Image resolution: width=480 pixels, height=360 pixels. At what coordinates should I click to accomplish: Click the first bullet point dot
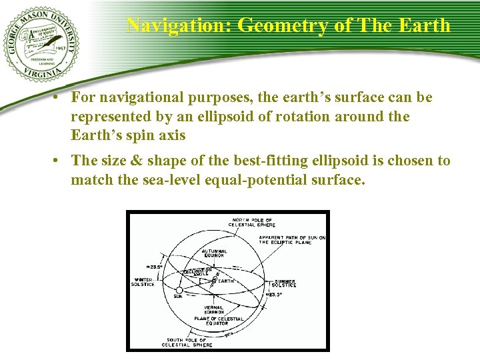pos(59,98)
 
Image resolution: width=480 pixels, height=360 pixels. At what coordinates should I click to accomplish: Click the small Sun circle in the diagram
pos(179,290)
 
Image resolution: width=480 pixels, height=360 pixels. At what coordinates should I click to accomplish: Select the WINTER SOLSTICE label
pos(143,282)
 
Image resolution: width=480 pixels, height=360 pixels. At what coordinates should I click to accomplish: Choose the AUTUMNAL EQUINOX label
pos(214,253)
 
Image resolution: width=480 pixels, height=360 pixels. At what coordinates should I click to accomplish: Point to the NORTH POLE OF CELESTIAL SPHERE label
pos(252,222)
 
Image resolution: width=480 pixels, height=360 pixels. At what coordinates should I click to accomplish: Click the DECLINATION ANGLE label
pos(199,271)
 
